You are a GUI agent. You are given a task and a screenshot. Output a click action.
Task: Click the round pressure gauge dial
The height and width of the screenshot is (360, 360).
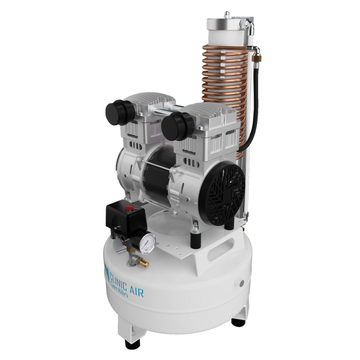tap(148, 244)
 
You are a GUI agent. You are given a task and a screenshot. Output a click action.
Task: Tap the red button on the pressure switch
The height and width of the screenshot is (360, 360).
tap(129, 208)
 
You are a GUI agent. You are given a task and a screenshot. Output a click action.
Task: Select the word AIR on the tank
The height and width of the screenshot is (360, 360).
tap(137, 291)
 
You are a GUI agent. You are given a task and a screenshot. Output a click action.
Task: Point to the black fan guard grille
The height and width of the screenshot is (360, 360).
tap(222, 193)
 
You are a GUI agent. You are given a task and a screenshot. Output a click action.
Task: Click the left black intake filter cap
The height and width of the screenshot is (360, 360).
tap(120, 112)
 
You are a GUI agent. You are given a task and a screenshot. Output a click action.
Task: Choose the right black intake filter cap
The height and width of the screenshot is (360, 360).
tap(177, 126)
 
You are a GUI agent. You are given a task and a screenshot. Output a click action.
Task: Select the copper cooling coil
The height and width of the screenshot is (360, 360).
tap(224, 92)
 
